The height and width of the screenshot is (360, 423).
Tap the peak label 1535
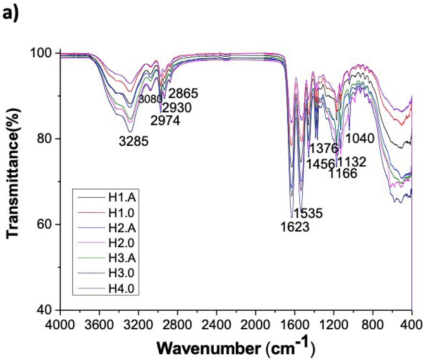coord(308,213)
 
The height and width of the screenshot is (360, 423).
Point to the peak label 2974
coord(165,121)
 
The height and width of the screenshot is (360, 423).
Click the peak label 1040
coord(360,138)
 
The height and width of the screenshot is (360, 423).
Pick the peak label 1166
coord(343,173)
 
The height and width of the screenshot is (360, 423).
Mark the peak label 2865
coord(183,94)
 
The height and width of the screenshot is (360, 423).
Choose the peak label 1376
coord(324,148)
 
